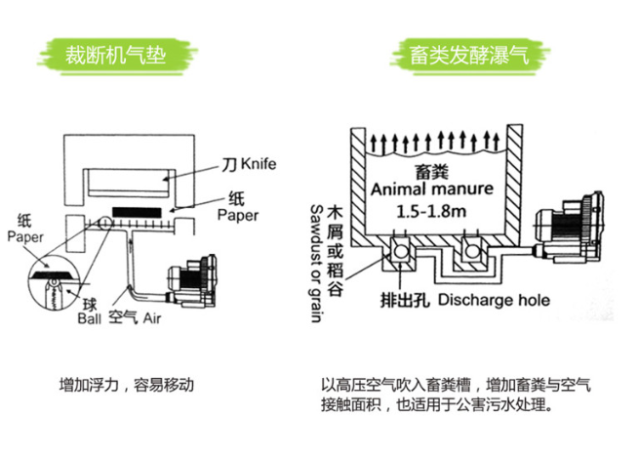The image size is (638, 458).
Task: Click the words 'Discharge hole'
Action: click(494, 299)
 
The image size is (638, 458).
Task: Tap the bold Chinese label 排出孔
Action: click(406, 299)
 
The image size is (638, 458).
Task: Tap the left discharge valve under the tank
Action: click(400, 253)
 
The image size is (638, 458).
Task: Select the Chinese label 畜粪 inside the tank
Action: click(430, 170)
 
